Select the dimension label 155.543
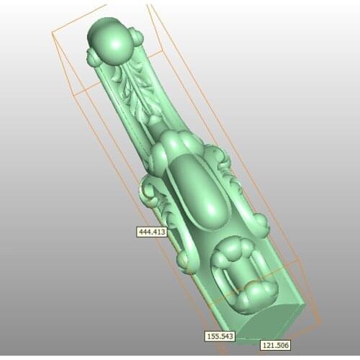click(219, 336)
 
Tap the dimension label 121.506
click(274, 345)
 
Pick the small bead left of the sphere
click(94, 58)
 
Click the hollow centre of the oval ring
click(237, 274)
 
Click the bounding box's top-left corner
click(53, 32)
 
